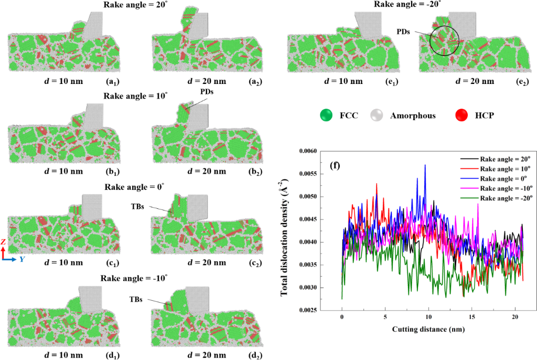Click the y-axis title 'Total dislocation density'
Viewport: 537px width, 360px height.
(x=286, y=231)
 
